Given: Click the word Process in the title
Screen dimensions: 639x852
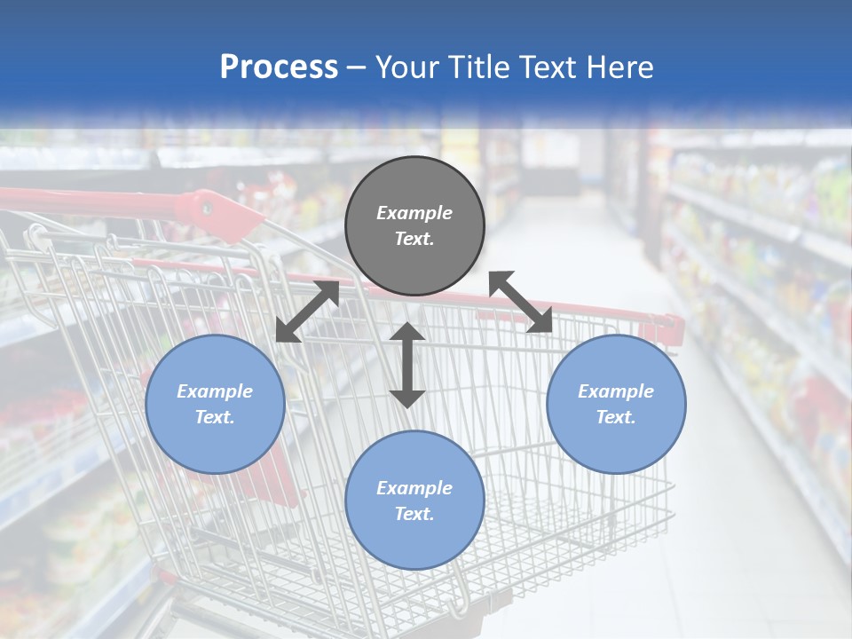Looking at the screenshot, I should (x=279, y=67).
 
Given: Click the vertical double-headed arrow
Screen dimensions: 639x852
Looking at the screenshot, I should (x=407, y=365).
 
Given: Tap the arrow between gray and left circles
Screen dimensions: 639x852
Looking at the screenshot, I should (x=307, y=311).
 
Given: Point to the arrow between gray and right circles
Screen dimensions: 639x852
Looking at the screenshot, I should (x=521, y=302).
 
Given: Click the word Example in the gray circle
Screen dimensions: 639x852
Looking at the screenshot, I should (x=414, y=213).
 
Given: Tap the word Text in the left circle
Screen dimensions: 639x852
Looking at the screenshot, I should (x=215, y=417).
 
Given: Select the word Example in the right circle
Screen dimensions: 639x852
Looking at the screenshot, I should (x=616, y=391).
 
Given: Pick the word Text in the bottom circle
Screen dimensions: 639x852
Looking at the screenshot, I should (x=414, y=514).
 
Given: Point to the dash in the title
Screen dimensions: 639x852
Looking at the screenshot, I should (x=357, y=68).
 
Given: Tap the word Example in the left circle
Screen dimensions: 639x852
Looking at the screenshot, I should (x=215, y=391).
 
